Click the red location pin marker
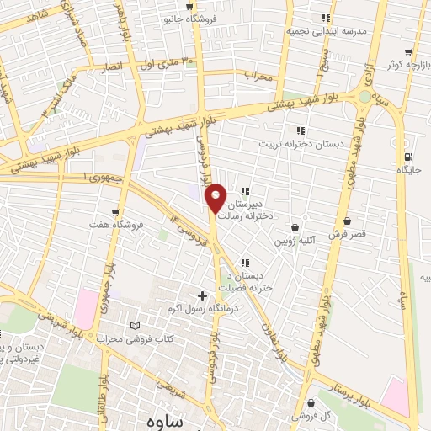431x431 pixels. [216, 197]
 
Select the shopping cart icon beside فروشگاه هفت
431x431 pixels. [114, 212]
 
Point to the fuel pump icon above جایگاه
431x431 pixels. [408, 157]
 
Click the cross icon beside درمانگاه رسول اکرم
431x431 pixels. [202, 295]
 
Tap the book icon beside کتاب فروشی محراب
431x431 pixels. [136, 327]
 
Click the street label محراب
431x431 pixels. [260, 77]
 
